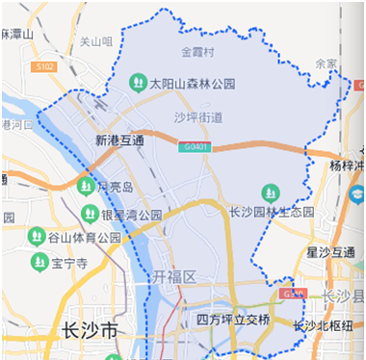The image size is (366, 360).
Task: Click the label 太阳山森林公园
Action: pyautogui.click(x=192, y=84)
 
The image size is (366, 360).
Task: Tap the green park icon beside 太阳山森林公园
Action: pyautogui.click(x=137, y=84)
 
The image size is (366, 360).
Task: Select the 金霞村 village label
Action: pyautogui.click(x=196, y=51)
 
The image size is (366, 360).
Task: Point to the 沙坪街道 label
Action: pyautogui.click(x=197, y=117)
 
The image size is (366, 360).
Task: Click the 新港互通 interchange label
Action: pyautogui.click(x=119, y=141)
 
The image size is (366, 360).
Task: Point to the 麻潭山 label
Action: pyautogui.click(x=17, y=34)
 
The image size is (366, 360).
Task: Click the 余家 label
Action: pyautogui.click(x=327, y=64)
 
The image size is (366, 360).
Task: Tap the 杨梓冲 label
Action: pyautogui.click(x=347, y=166)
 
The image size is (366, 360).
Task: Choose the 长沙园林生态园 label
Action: pyautogui.click(x=271, y=212)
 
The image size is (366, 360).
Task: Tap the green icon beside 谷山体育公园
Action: pyautogui.click(x=37, y=237)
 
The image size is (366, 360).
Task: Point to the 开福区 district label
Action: pyautogui.click(x=173, y=277)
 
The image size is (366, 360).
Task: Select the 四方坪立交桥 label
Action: pyautogui.click(x=232, y=319)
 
